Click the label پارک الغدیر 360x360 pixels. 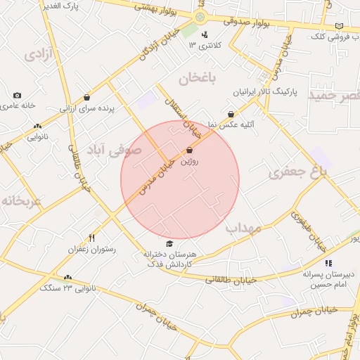pos(79,5)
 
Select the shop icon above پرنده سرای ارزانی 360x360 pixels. pos(86,98)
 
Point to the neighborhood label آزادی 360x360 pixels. pos(39,55)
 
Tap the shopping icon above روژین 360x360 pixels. pos(189,150)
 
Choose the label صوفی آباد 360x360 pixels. pos(114,150)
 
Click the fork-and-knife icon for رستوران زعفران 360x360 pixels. pos(91,238)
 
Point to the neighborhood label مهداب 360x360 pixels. pos(243,229)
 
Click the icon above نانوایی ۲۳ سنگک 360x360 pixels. pos(67,277)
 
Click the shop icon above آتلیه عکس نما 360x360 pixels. pos(231,114)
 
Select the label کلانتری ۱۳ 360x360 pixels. pos(205,45)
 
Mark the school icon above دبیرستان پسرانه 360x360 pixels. pos(328,263)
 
